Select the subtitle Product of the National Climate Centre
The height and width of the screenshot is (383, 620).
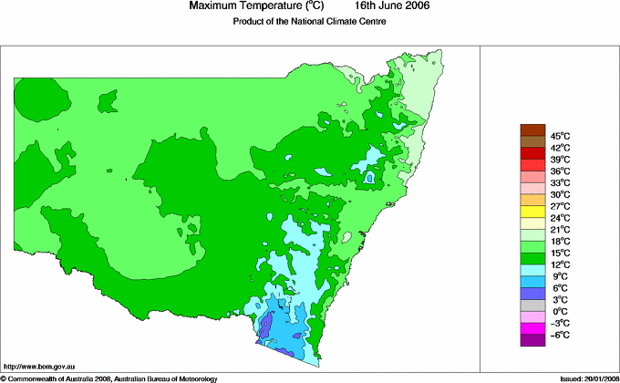(310, 22)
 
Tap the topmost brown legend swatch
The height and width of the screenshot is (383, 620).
(532, 129)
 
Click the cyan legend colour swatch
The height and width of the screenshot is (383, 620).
(532, 271)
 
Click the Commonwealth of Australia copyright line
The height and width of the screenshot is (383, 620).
(110, 378)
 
